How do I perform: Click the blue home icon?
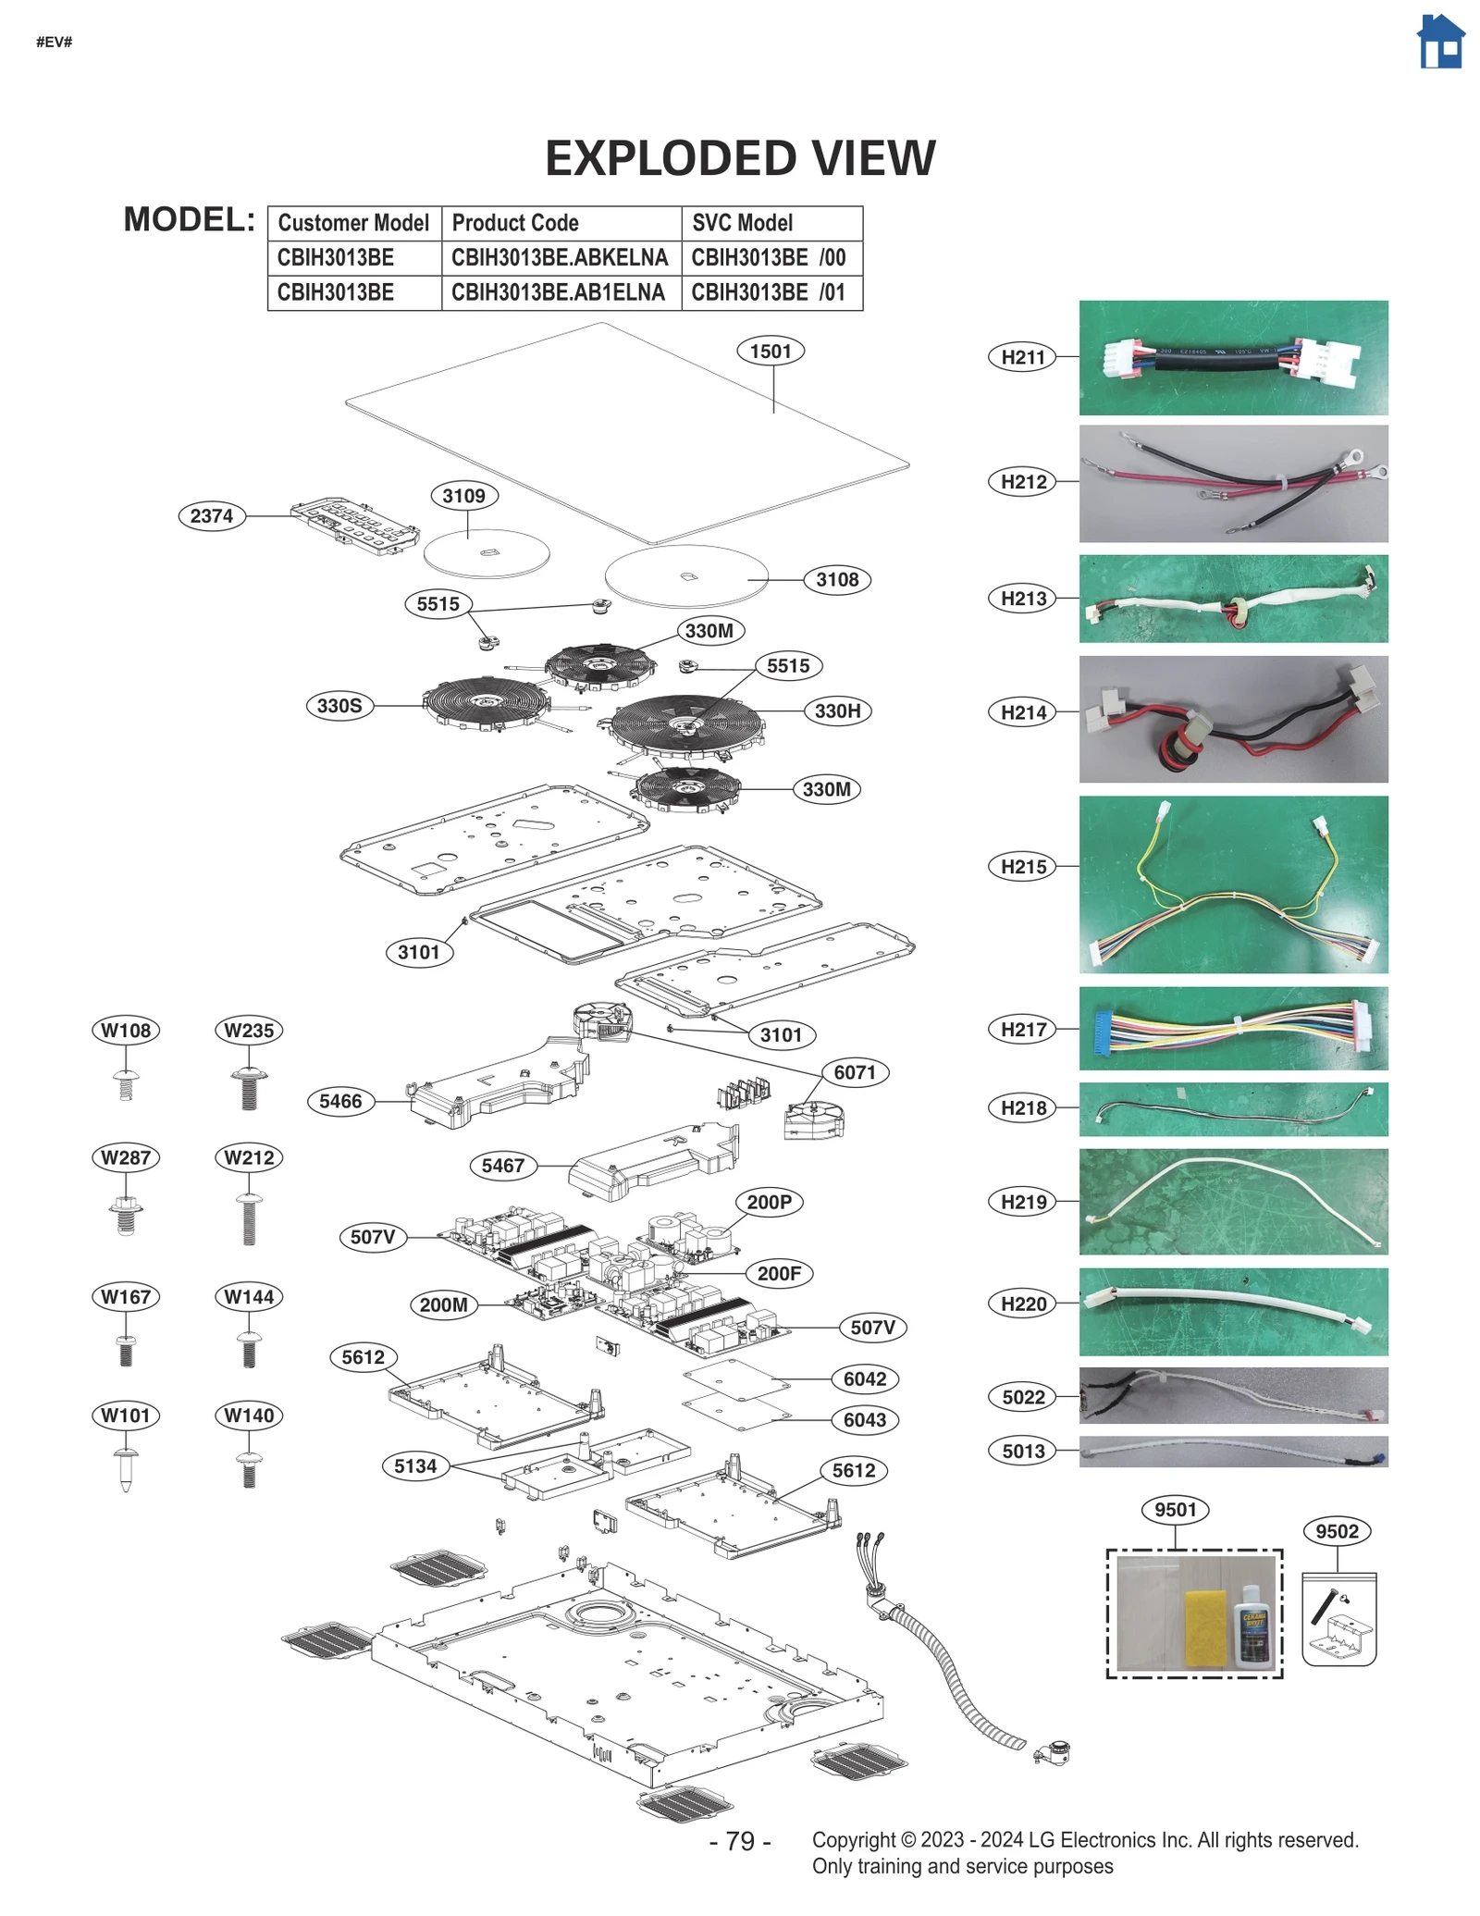[1440, 43]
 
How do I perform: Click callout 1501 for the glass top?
[770, 352]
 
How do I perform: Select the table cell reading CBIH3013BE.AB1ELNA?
[558, 292]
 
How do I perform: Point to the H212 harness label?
[1022, 482]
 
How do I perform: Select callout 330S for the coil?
[339, 706]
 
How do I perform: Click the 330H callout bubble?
[837, 711]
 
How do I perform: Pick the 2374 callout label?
[212, 515]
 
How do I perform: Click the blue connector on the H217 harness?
[1100, 1029]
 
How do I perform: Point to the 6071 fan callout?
[854, 1072]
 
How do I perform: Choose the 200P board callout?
[769, 1202]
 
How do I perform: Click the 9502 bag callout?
[1337, 1531]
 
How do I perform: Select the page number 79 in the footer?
[739, 1841]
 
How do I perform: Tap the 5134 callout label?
[415, 1465]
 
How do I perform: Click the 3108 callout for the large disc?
[837, 579]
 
